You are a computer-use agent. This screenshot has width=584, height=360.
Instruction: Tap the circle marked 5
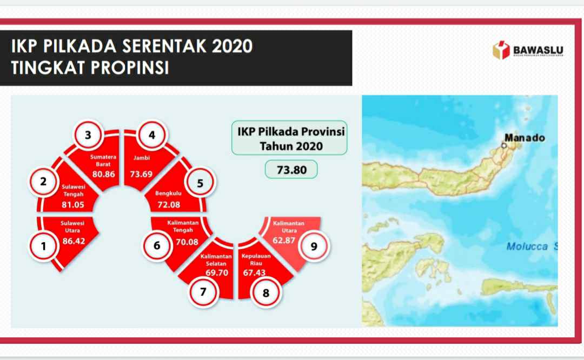tap(200, 183)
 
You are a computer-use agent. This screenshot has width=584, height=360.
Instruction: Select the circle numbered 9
tap(314, 246)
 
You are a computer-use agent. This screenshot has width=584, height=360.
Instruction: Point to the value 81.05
tap(73, 205)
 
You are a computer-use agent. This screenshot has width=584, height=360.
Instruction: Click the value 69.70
tap(217, 272)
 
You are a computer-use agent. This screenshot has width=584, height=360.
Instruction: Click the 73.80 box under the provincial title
tap(291, 170)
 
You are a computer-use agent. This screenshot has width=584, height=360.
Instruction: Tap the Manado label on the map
tap(524, 137)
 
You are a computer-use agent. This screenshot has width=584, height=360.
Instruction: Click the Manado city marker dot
tap(505, 145)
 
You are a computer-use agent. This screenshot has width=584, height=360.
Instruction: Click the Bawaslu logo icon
tap(501, 50)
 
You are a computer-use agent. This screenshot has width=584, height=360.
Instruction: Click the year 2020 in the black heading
tap(232, 46)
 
